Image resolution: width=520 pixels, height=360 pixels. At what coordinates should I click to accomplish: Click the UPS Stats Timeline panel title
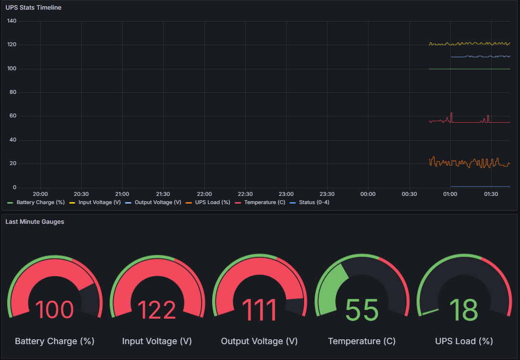click(x=33, y=8)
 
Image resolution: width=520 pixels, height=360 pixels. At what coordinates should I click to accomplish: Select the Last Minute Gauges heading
click(x=35, y=221)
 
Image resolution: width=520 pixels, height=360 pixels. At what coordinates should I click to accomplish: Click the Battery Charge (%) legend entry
click(x=40, y=203)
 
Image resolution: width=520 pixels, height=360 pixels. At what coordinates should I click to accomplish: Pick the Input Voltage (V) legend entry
click(x=99, y=203)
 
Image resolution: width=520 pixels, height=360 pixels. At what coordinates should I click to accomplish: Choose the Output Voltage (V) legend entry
click(x=158, y=203)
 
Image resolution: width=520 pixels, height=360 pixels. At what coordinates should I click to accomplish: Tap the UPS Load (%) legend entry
click(x=212, y=203)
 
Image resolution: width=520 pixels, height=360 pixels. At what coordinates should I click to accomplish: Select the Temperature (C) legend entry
click(x=264, y=203)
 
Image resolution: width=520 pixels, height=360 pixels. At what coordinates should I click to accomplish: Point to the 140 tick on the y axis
click(x=12, y=21)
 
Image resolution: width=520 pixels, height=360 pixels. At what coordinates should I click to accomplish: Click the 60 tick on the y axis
click(x=13, y=116)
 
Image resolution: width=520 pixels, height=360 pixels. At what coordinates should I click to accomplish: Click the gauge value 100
click(x=54, y=310)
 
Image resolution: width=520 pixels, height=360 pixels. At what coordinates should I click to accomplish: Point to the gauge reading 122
click(x=157, y=310)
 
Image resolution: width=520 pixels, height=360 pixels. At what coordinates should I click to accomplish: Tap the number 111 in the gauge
click(x=259, y=310)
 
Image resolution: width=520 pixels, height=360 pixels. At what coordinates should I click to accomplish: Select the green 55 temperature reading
click(x=362, y=310)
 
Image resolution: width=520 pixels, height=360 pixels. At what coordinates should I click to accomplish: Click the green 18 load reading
click(x=464, y=310)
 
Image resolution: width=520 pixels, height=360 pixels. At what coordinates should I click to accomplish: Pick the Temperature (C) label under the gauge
click(x=362, y=341)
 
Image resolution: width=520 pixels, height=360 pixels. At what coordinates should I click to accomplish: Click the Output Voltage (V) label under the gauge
click(x=259, y=341)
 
